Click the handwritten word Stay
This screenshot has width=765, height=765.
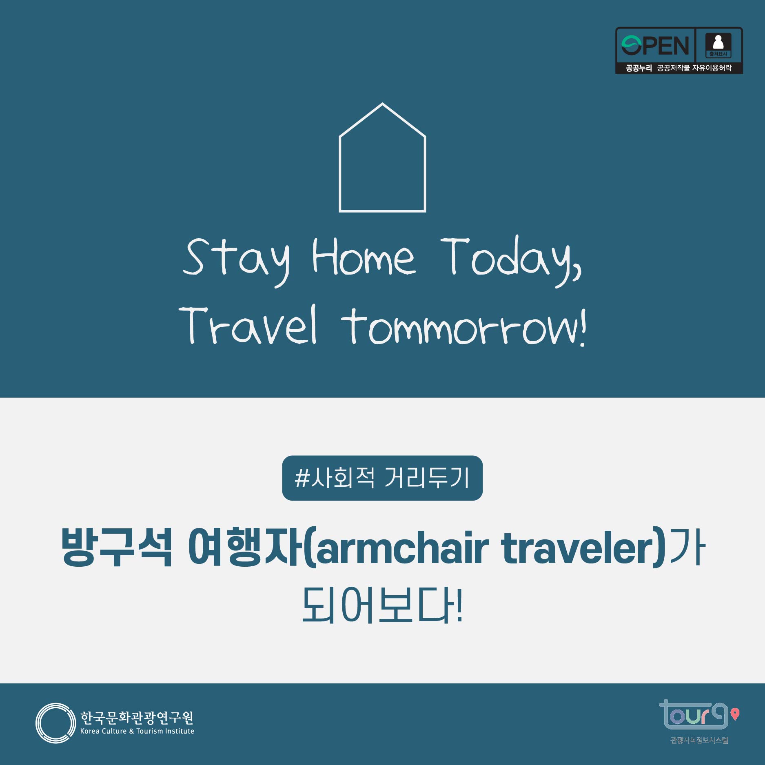237,259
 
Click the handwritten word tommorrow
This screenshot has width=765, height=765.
463,326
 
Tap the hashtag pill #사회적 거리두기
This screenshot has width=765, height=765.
382,478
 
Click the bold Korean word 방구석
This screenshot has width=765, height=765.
117,547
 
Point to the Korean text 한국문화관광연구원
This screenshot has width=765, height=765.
137,717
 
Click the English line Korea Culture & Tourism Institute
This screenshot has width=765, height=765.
137,731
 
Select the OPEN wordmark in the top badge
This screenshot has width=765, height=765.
655,45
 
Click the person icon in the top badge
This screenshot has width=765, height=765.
718,42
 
